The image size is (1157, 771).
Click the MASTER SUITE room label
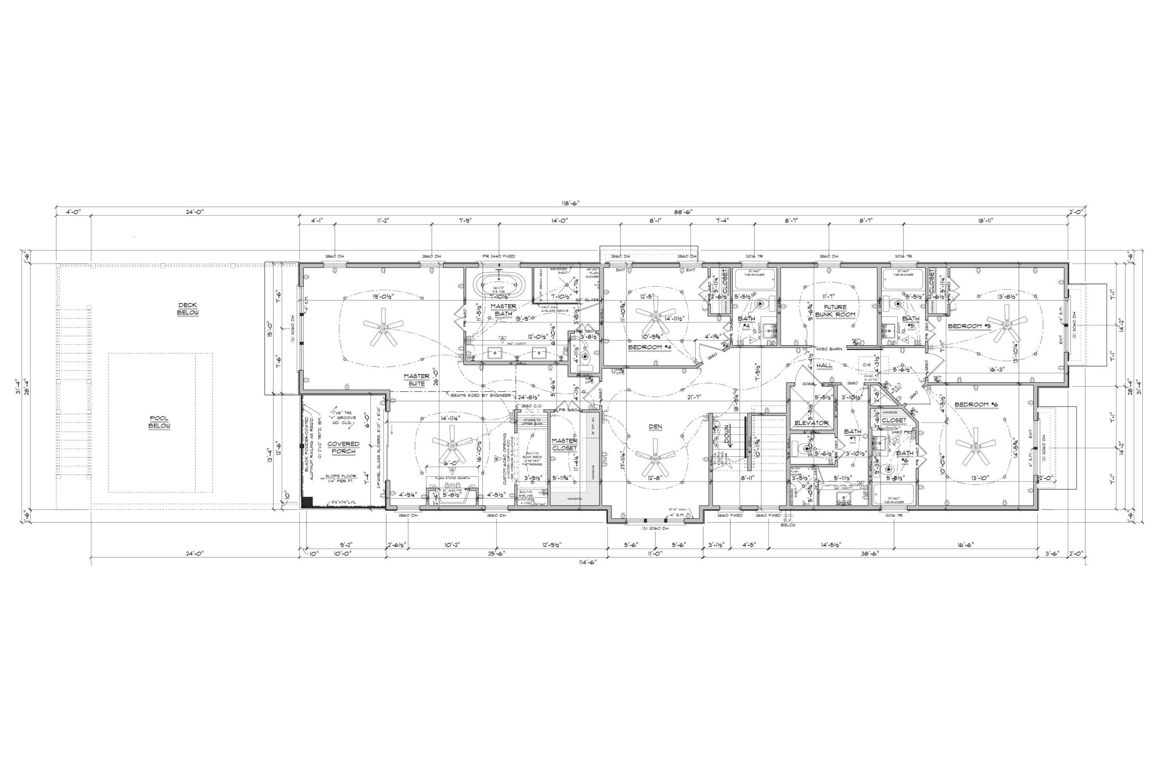pyautogui.click(x=416, y=379)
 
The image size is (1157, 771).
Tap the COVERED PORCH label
pyautogui.click(x=343, y=447)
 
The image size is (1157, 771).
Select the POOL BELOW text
pyautogui.click(x=159, y=422)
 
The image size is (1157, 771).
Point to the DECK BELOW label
pyautogui.click(x=188, y=309)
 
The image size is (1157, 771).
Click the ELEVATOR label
pyautogui.click(x=812, y=423)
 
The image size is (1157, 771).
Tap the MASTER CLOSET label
pyautogui.click(x=564, y=444)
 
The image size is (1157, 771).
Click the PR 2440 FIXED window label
pyautogui.click(x=499, y=256)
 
